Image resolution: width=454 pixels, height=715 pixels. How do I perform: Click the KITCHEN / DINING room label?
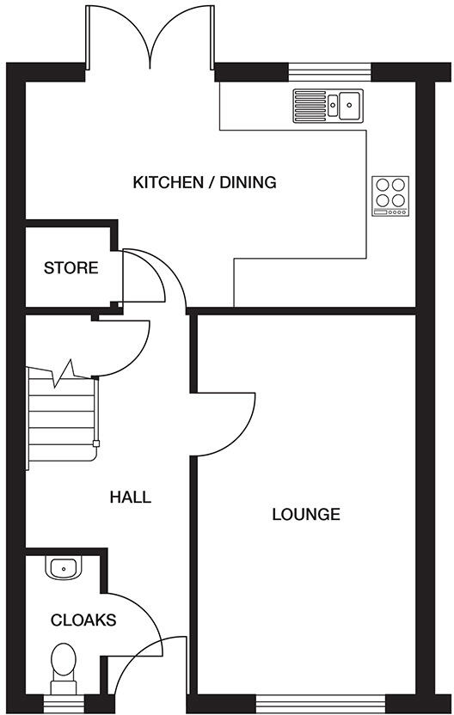(204, 182)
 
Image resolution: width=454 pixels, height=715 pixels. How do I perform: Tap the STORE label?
(71, 268)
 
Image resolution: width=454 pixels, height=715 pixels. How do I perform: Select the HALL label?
(131, 497)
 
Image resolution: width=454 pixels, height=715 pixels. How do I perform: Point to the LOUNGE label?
(306, 515)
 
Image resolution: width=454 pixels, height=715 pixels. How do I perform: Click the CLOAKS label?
(83, 620)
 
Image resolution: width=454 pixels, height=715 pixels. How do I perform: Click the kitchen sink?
(328, 104)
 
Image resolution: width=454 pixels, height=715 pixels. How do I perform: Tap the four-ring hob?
(390, 195)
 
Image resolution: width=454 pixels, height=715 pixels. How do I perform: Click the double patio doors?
(150, 39)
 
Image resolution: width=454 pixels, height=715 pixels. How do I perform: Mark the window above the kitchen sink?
(329, 70)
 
